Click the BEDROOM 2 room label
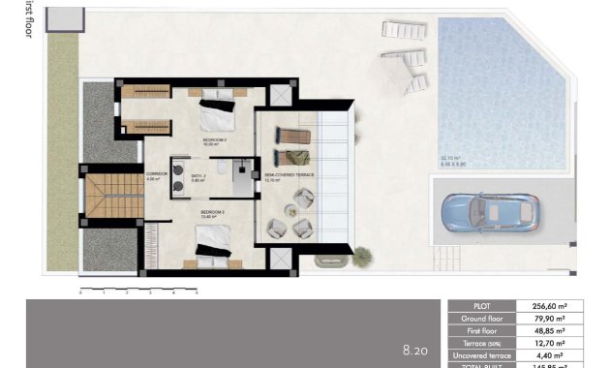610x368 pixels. (x=214, y=141)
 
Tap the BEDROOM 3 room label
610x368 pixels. (x=212, y=212)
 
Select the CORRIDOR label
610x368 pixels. (x=156, y=176)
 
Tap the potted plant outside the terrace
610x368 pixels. (x=361, y=256)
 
